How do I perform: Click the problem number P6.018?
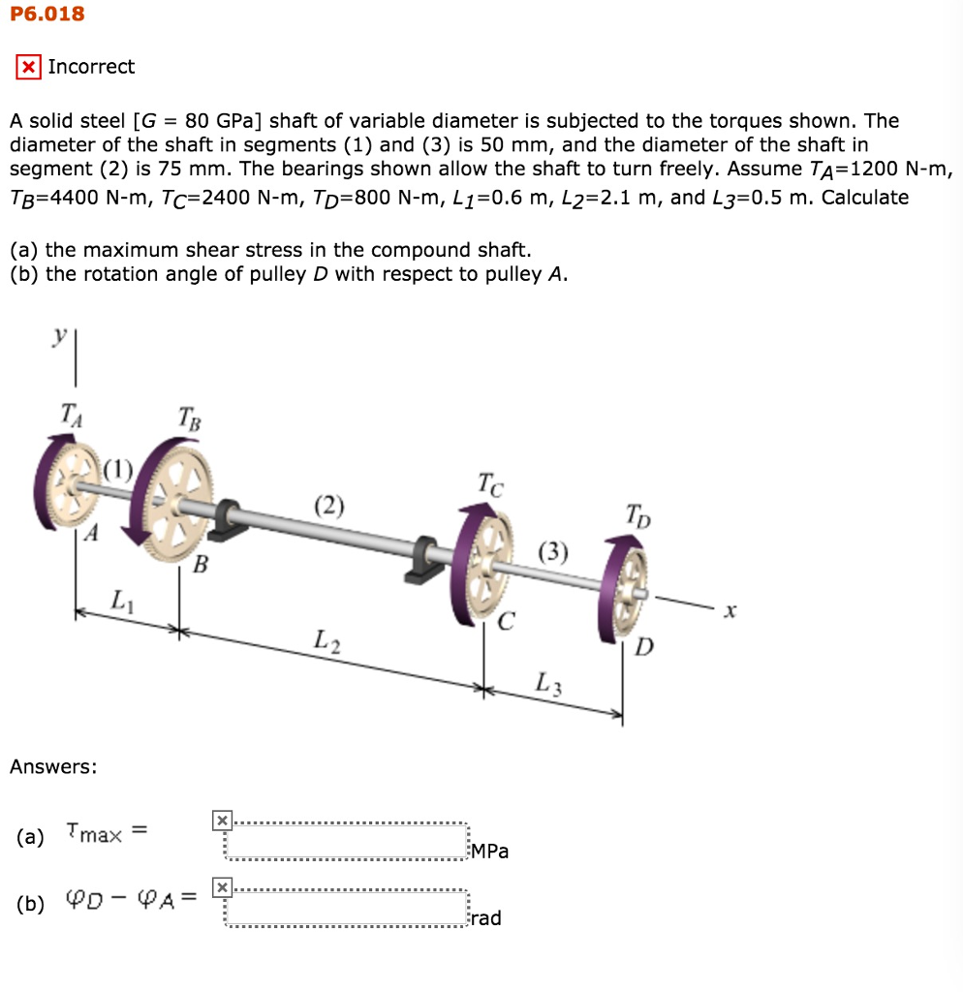tap(47, 14)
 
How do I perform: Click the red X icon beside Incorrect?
tap(29, 68)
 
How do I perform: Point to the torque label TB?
tap(190, 418)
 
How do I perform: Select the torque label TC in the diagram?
tap(490, 484)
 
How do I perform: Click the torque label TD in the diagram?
tap(637, 514)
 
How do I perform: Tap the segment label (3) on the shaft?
tap(553, 553)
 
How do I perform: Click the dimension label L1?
tap(120, 600)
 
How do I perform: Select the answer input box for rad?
tap(346, 907)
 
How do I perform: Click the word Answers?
tap(53, 767)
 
